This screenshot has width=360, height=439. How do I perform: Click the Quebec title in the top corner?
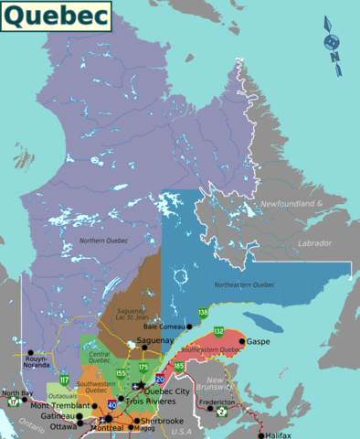(x=56, y=16)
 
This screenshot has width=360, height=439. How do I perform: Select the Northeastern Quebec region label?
(x=244, y=285)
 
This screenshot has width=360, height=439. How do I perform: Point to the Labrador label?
(x=315, y=243)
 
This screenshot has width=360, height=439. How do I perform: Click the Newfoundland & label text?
(x=293, y=202)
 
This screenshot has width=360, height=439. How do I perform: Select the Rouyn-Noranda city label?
(x=37, y=362)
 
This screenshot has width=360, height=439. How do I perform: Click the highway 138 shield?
(x=203, y=313)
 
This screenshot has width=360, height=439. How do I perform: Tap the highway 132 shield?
(x=218, y=330)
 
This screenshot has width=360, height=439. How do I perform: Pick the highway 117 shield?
(x=64, y=379)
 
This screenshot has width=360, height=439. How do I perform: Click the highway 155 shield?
(x=122, y=373)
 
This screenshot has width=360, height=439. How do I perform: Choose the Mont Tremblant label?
(x=62, y=405)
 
